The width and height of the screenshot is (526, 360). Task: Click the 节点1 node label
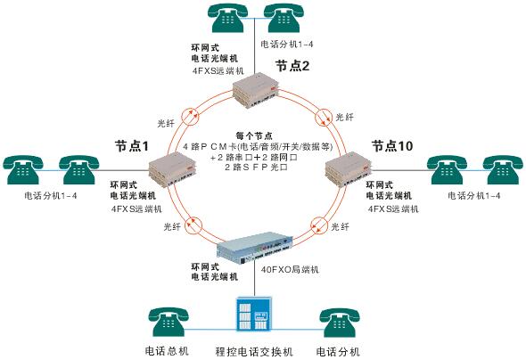tap(132, 146)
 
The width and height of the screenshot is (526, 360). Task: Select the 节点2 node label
tap(292, 66)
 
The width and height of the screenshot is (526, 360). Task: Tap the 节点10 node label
tap(392, 146)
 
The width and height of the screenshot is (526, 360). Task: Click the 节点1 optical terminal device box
tap(172, 168)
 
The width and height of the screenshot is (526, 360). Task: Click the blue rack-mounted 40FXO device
tap(255, 248)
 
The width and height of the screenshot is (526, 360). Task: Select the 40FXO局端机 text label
tap(290, 269)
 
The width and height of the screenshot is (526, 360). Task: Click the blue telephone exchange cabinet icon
tap(254, 314)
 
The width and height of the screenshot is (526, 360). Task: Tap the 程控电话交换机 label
tap(254, 352)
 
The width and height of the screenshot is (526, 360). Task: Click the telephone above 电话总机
tap(168, 322)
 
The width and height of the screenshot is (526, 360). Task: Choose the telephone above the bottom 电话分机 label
tap(339, 322)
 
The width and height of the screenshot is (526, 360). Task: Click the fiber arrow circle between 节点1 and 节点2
tap(190, 117)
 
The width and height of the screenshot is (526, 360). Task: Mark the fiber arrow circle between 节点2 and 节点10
tap(324, 117)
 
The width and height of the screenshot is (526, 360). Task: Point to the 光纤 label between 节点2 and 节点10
tap(344, 117)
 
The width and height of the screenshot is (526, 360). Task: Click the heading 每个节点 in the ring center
tap(254, 136)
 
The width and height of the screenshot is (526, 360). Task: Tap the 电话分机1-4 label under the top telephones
tap(287, 44)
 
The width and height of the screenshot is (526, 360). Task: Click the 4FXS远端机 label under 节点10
tap(393, 209)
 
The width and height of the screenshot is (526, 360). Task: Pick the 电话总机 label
tap(167, 351)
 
